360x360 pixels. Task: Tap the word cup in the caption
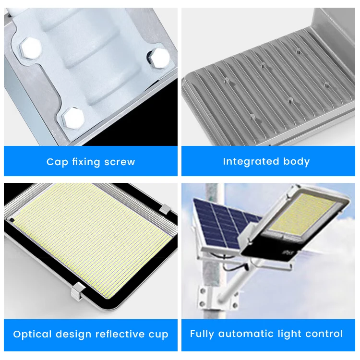coord(159,335)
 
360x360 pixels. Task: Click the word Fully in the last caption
coord(202,334)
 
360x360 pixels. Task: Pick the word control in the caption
coord(325,334)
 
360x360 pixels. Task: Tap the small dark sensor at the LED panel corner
coord(11,220)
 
